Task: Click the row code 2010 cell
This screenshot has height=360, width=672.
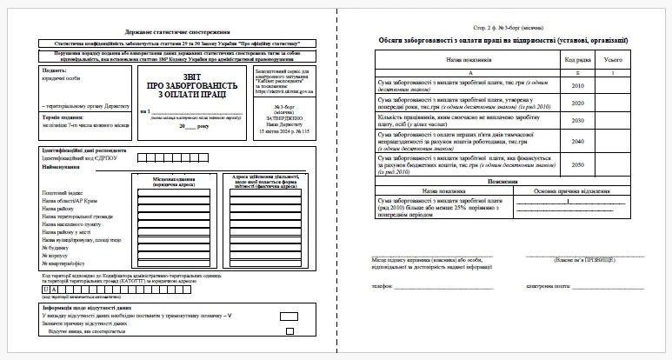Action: tap(576, 86)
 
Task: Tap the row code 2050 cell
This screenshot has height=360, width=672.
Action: tap(576, 163)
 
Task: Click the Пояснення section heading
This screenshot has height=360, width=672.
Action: tap(503, 180)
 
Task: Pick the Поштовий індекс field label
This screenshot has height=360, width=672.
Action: tap(61, 191)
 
